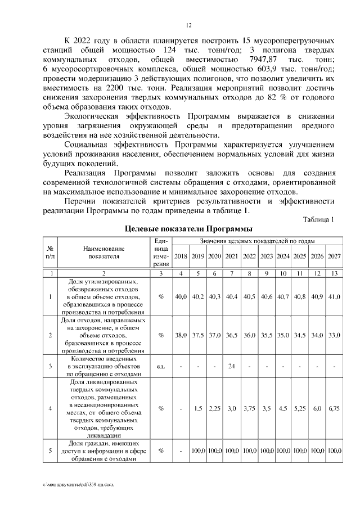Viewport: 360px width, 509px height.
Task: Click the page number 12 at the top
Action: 189,25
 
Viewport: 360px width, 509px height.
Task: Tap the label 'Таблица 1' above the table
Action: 318,219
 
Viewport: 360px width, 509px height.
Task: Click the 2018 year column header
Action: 181,256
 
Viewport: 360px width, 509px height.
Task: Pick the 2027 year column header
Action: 335,256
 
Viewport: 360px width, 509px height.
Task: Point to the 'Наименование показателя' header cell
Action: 105,252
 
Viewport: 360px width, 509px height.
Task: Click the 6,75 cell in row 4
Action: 335,408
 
